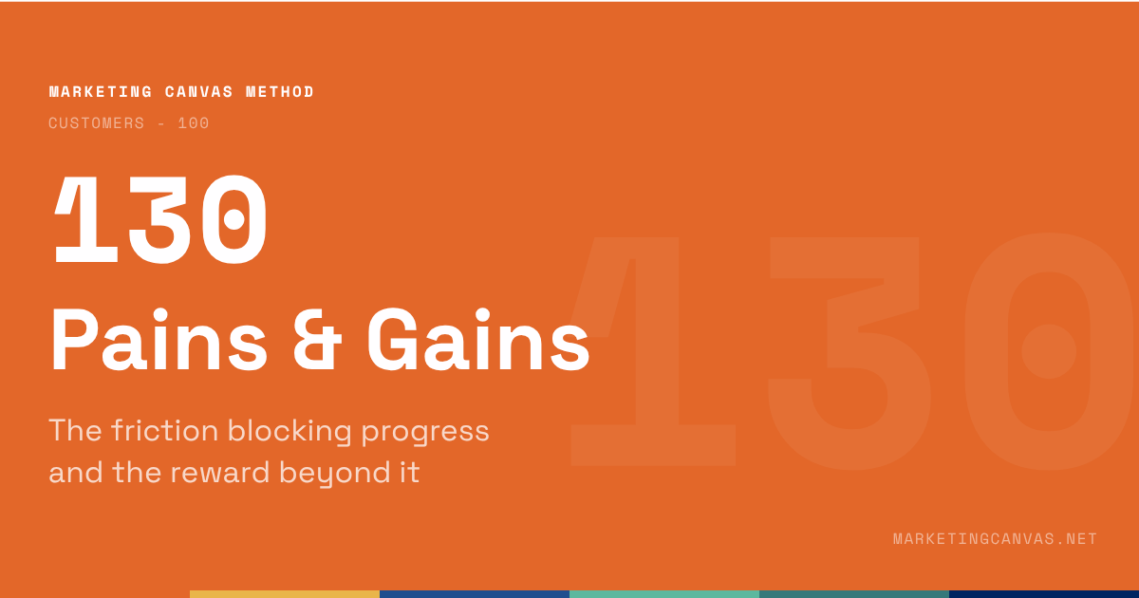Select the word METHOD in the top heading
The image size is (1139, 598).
(x=280, y=92)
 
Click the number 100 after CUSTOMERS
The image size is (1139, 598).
(x=194, y=123)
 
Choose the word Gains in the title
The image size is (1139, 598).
(x=477, y=342)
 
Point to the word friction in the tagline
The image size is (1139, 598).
(x=164, y=431)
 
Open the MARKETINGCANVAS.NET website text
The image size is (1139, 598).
(x=995, y=539)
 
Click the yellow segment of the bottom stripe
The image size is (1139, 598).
(x=285, y=593)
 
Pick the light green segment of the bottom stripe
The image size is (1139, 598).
(x=664, y=593)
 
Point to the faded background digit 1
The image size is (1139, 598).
(x=655, y=351)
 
